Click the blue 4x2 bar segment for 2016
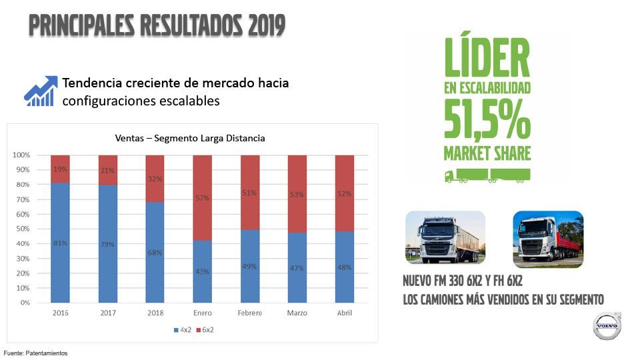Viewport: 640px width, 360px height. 61,243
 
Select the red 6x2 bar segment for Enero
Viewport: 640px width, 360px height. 203,198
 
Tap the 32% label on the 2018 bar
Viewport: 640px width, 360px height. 155,179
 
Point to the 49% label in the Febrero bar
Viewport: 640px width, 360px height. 250,267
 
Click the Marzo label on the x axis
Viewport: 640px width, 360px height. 297,313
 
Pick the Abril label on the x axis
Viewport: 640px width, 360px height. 345,313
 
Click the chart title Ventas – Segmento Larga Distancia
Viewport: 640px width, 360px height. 189,139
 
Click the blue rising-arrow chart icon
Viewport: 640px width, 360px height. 39,91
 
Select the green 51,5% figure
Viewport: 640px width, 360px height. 487,121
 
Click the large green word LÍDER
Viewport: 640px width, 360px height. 487,57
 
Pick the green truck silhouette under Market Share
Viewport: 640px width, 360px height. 487,176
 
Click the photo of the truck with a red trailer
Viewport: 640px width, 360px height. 548,239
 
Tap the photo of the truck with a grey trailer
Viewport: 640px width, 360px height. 445,237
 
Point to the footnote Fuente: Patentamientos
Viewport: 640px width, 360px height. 36,353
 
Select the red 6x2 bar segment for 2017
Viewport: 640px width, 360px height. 108,170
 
